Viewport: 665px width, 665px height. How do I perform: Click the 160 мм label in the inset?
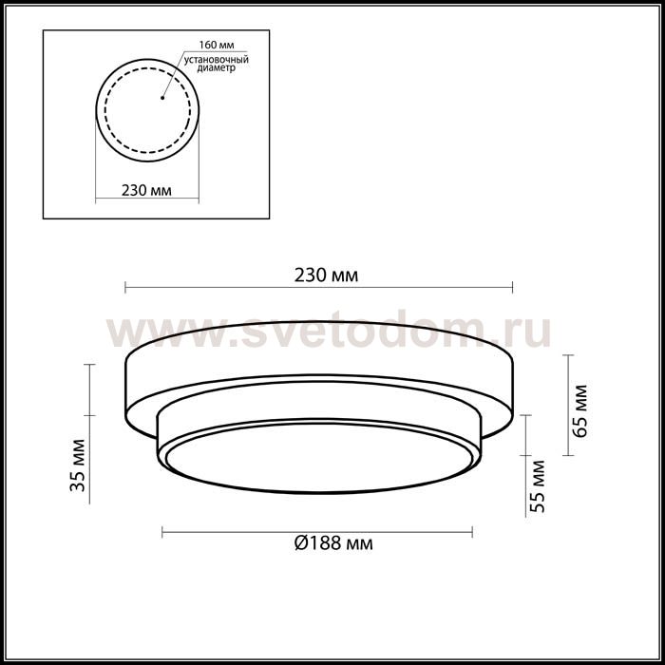(x=217, y=45)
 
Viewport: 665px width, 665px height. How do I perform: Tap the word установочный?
(x=217, y=60)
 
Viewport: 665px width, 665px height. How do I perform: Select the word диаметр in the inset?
(x=217, y=67)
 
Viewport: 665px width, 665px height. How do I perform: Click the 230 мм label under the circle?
(x=146, y=190)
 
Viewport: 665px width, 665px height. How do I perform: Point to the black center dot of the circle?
(x=162, y=98)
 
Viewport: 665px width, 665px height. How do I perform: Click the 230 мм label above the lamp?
(x=326, y=275)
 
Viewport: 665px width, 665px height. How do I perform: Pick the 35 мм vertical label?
(x=79, y=465)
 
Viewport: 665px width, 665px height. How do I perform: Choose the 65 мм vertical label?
(x=579, y=411)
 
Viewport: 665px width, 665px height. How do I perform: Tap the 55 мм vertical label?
(x=537, y=486)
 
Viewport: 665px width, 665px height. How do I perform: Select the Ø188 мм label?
(x=333, y=542)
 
